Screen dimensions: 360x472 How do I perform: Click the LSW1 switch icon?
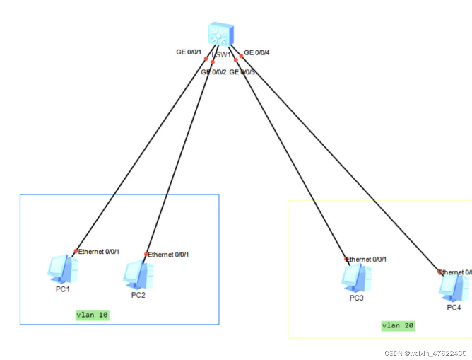(221, 34)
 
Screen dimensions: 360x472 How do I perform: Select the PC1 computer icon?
(63, 269)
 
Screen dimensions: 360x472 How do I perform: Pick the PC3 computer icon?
(356, 278)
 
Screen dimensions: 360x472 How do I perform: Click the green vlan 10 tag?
(92, 315)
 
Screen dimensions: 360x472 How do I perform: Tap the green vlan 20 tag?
(398, 326)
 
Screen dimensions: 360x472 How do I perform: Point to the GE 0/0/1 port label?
(189, 52)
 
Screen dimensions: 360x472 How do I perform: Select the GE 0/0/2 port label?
(213, 72)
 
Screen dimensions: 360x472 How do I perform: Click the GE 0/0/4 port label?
(257, 53)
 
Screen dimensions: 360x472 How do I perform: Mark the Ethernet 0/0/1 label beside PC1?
(99, 252)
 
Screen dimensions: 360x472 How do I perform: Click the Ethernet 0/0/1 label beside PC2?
(168, 255)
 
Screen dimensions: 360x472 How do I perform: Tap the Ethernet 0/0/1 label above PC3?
(366, 259)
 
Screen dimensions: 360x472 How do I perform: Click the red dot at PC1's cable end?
(76, 251)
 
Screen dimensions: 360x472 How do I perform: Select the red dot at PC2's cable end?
(146, 254)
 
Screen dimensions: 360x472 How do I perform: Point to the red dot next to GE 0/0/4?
(241, 56)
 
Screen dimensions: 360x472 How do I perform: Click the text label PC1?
(63, 289)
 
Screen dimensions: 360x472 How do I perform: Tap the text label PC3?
(356, 298)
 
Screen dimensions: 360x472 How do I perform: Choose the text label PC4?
(454, 308)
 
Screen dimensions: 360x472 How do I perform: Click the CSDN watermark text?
(425, 353)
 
